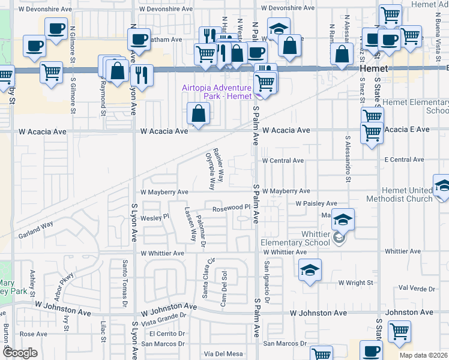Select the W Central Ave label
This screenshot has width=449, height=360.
point(282,161)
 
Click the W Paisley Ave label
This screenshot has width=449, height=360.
point(316,204)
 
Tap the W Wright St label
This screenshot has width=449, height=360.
point(355,282)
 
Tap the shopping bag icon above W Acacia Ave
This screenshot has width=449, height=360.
point(198,113)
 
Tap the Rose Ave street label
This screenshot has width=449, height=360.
point(33,334)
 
